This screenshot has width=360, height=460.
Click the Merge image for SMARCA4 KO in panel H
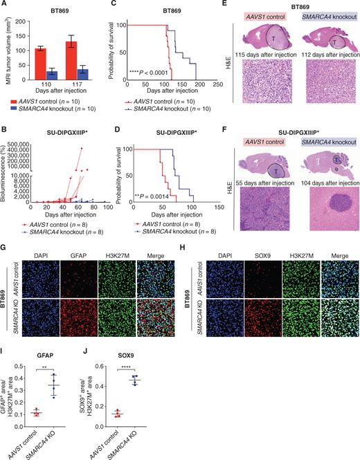pyautogui.click(x=337, y=319)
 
